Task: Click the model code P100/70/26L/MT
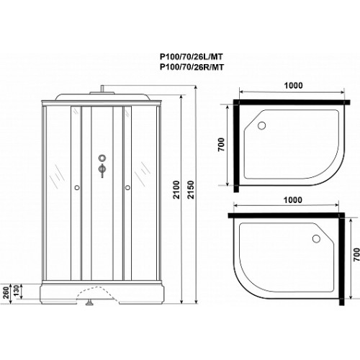192,57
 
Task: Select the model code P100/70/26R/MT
192,67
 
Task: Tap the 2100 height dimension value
176,189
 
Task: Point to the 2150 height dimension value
191,189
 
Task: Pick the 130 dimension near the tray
17,291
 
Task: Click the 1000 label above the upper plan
293,86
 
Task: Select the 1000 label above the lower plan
293,200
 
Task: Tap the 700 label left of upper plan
221,145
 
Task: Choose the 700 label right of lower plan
356,254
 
